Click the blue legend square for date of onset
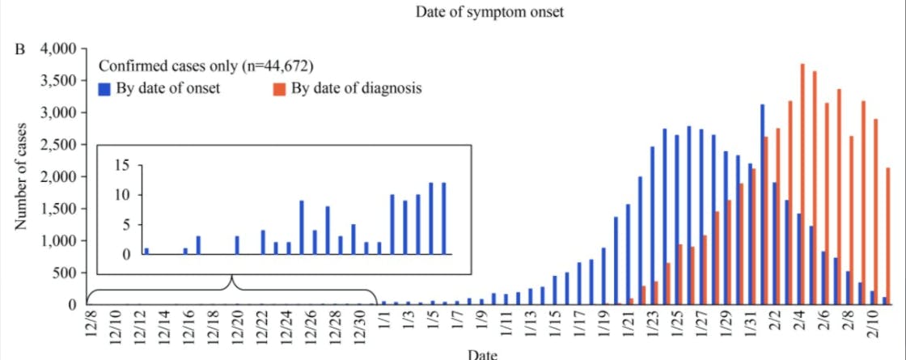tap(104, 88)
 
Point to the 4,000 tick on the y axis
tap(61, 49)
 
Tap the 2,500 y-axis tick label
tap(61, 145)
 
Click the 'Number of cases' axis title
tap(21, 176)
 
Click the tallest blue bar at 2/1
tap(761, 205)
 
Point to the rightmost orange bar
tap(889, 236)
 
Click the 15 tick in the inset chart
tap(124, 165)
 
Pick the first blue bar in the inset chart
tap(146, 251)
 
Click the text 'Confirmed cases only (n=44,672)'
tap(206, 66)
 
